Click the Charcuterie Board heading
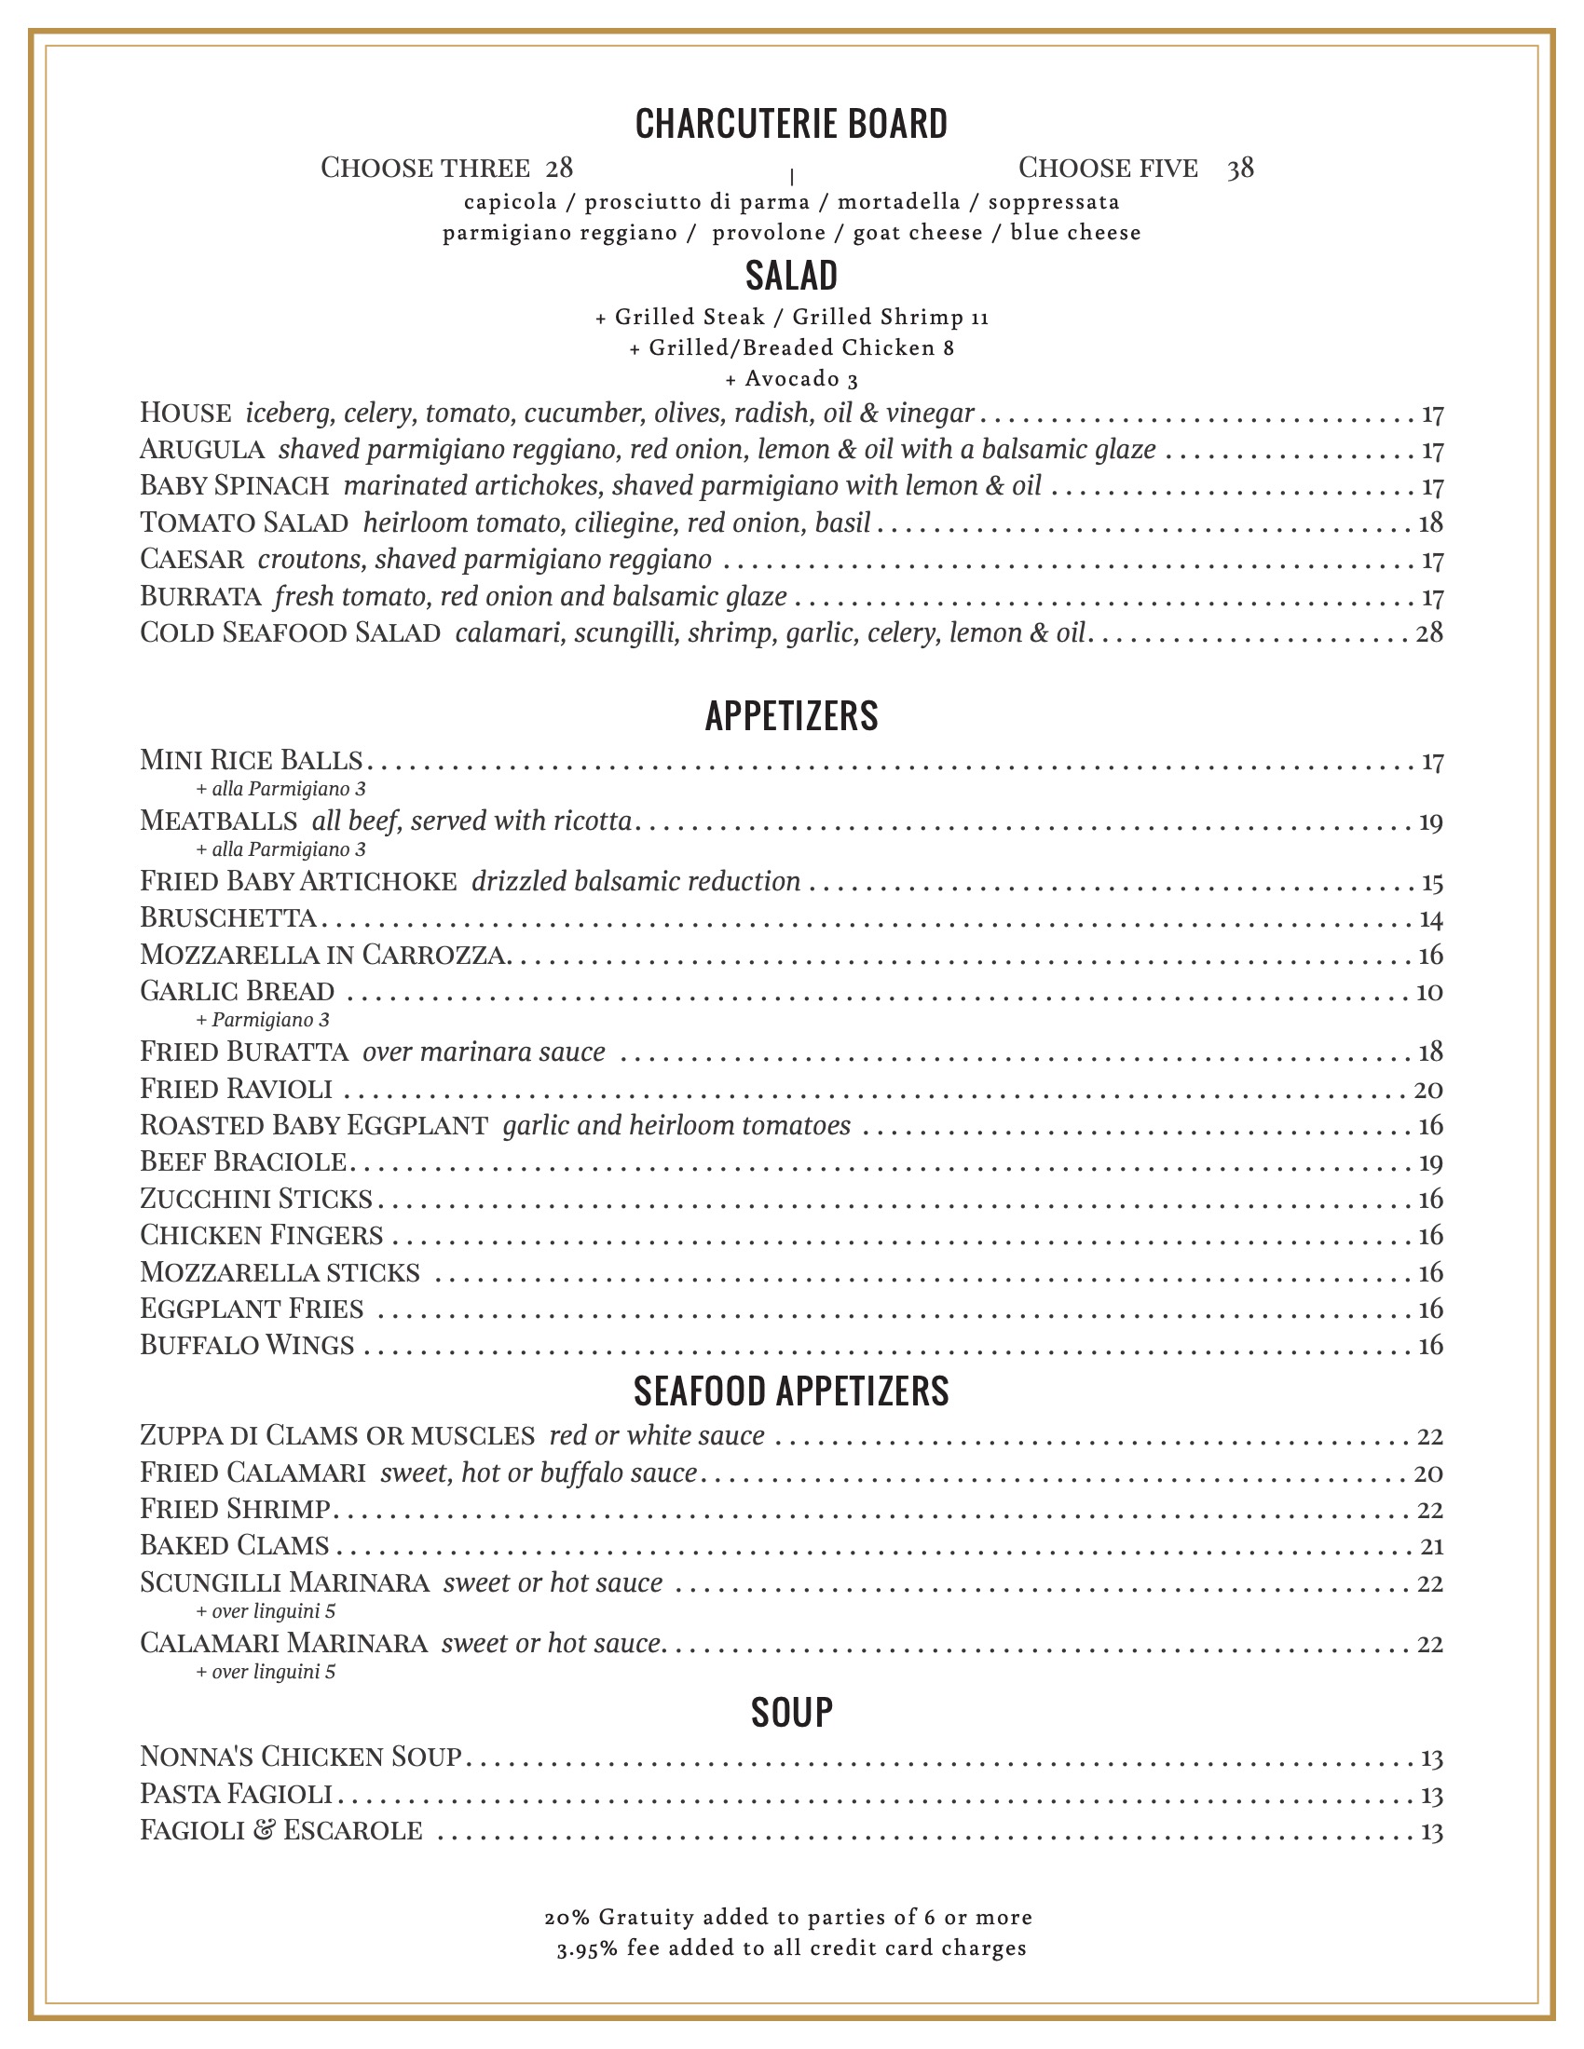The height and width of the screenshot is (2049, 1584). point(791,124)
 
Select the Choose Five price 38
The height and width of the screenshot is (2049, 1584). point(1239,168)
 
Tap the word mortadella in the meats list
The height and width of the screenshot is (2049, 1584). point(898,202)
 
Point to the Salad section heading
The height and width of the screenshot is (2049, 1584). point(791,276)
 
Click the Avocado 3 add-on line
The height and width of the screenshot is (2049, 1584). point(791,379)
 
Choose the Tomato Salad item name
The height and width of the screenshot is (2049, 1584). point(244,522)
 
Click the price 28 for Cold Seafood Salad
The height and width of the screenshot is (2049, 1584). point(1428,633)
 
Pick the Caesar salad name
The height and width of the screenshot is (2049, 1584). point(192,559)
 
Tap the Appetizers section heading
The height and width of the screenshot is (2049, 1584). point(791,716)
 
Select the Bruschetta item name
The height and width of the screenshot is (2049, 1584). point(228,916)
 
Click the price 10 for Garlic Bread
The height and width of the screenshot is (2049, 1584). point(1428,992)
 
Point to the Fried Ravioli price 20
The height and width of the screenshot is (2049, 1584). point(1428,1090)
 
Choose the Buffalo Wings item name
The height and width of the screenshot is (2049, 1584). point(247,1346)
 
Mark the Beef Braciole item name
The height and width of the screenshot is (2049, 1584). point(244,1162)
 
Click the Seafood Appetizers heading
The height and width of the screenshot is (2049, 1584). point(791,1391)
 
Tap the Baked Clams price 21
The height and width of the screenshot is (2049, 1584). point(1430,1546)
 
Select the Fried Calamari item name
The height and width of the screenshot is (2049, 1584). point(253,1473)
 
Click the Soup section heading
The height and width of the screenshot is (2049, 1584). point(791,1712)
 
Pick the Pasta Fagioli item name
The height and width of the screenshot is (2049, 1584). point(237,1794)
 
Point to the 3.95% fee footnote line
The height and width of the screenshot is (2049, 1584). point(791,1947)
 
